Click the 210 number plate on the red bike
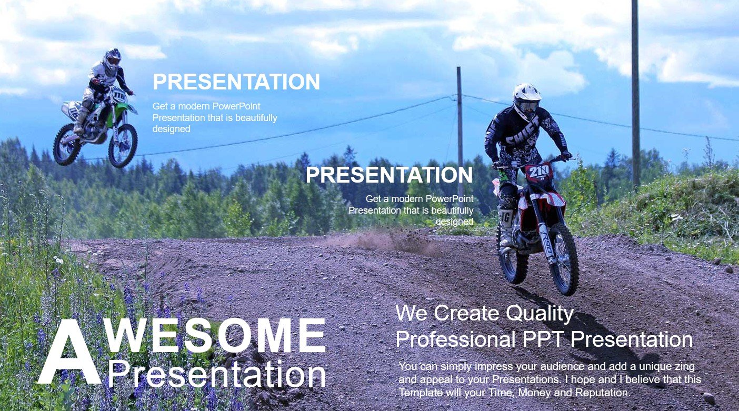coord(539,173)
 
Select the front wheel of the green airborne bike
coord(123,145)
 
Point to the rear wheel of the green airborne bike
coord(67,145)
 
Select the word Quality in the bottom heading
coord(540,314)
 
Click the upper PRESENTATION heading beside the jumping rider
coord(236,82)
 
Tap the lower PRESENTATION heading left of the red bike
coord(390,175)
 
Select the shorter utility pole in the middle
coord(460,132)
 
